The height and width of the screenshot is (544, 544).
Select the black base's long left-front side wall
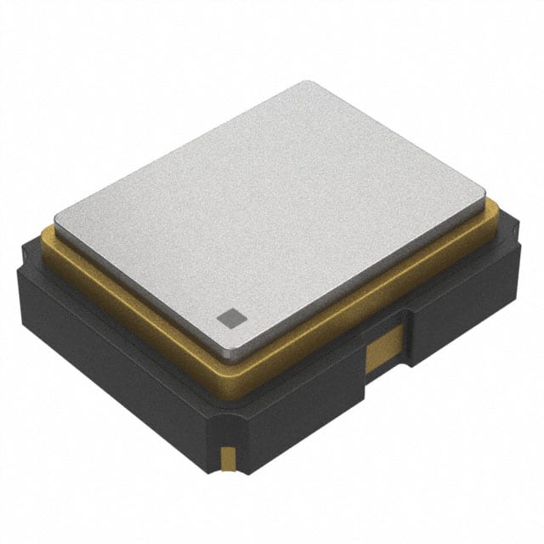click(119, 357)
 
